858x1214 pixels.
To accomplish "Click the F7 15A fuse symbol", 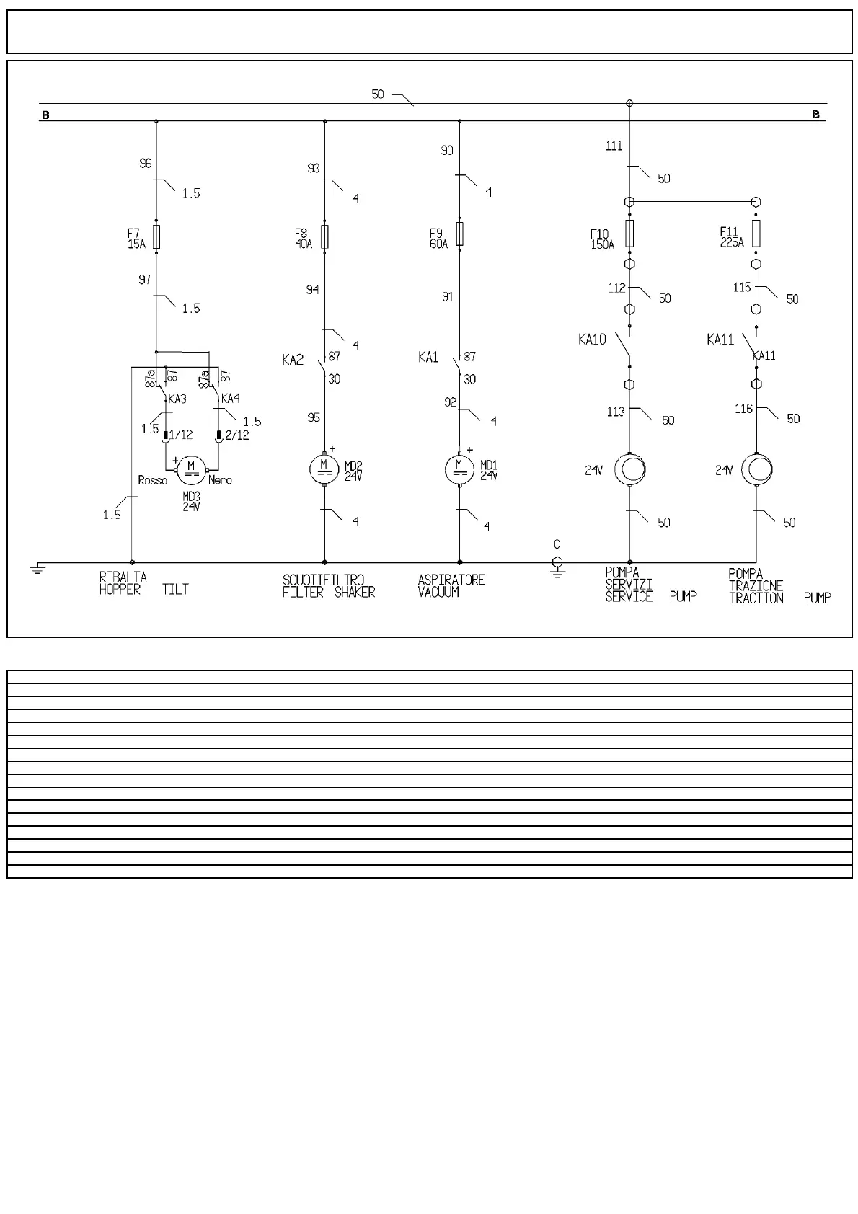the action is pyautogui.click(x=156, y=236).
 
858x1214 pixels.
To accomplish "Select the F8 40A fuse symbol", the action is pyautogui.click(x=324, y=236).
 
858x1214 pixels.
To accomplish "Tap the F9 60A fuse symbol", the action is pyautogui.click(x=460, y=234).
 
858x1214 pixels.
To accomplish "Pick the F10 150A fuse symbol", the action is pyautogui.click(x=629, y=234).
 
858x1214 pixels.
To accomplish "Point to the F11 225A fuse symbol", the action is pyautogui.click(x=756, y=233).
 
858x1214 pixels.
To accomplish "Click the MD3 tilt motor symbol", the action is pyautogui.click(x=191, y=469).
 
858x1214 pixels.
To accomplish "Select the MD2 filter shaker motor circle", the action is pyautogui.click(x=324, y=469).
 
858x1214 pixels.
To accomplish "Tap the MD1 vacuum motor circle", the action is pyautogui.click(x=460, y=469).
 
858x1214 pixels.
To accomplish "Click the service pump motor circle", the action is pyautogui.click(x=630, y=470).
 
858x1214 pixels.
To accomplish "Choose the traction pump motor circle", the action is pyautogui.click(x=756, y=470).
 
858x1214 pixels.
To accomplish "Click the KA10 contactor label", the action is pyautogui.click(x=592, y=340).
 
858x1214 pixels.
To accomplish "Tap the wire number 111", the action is pyautogui.click(x=614, y=146).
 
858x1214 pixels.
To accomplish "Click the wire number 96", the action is pyautogui.click(x=145, y=164).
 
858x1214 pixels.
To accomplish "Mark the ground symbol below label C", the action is pyautogui.click(x=557, y=567).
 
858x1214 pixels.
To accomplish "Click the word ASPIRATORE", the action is pyautogui.click(x=451, y=580).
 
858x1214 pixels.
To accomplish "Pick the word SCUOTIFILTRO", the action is pyautogui.click(x=323, y=580).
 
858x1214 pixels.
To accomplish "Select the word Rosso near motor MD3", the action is pyautogui.click(x=152, y=481).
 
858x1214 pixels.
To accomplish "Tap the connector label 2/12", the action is pyautogui.click(x=237, y=435).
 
